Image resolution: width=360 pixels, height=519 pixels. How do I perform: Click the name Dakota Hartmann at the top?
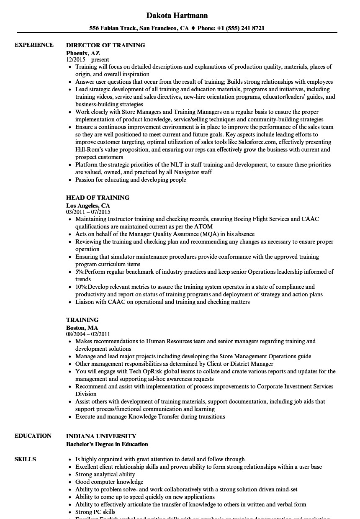tap(177, 15)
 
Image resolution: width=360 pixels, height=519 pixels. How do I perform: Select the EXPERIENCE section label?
tap(34, 45)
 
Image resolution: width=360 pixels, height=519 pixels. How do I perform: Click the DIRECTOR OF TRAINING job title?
tap(105, 45)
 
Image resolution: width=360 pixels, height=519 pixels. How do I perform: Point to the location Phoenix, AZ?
tap(83, 53)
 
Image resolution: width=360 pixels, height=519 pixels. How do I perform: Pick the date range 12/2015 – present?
tap(87, 60)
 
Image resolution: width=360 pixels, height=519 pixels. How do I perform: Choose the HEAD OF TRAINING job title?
tap(98, 198)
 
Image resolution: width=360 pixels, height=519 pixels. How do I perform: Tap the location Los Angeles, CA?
tap(88, 206)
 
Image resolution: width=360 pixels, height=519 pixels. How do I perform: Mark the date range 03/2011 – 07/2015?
tap(88, 212)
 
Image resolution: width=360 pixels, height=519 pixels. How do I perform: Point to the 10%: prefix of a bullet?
tap(82, 287)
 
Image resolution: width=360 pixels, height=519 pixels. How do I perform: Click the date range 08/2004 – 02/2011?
tap(88, 334)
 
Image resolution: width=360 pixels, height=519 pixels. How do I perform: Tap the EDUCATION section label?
tap(33, 436)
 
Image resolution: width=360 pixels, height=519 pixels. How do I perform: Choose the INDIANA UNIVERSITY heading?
tap(101, 436)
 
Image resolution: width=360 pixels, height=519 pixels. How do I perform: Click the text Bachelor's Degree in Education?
tap(107, 444)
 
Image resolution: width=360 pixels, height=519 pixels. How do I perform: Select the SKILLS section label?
tap(25, 459)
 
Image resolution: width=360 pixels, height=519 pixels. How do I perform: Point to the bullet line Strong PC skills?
tap(95, 512)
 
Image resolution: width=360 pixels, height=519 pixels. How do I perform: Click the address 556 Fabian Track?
tap(113, 28)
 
